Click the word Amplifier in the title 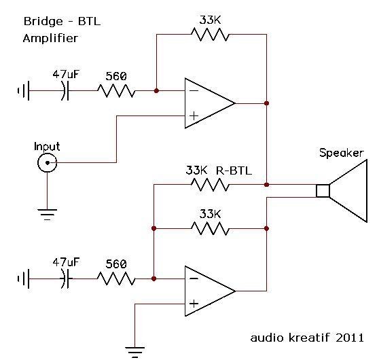50,39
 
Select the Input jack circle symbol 47,162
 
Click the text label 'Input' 47,146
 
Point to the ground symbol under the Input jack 47,215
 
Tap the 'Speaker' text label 341,153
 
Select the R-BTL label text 234,170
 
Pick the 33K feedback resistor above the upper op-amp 210,35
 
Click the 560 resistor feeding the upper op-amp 115,90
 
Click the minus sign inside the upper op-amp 194,90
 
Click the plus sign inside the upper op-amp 194,116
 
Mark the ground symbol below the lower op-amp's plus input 136,350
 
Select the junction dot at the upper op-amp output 267,103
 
